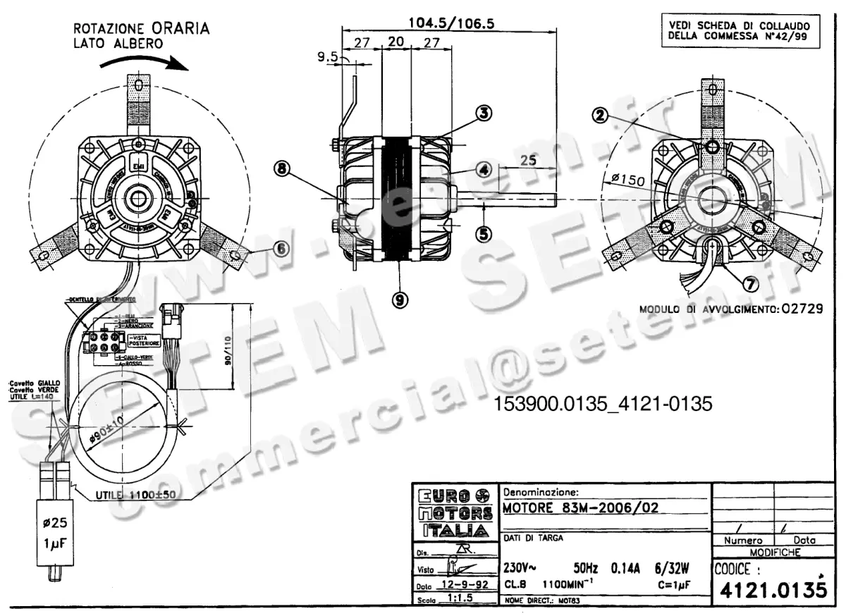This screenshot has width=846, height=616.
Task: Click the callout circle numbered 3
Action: coord(483,113)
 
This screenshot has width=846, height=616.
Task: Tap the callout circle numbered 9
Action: coord(400,300)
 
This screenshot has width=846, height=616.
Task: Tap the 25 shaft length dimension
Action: coord(527,160)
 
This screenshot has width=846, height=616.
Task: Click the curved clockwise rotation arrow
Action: coord(144,63)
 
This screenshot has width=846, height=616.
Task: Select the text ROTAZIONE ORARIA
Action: coord(141,29)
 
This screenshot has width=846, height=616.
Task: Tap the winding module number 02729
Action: coord(797,309)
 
